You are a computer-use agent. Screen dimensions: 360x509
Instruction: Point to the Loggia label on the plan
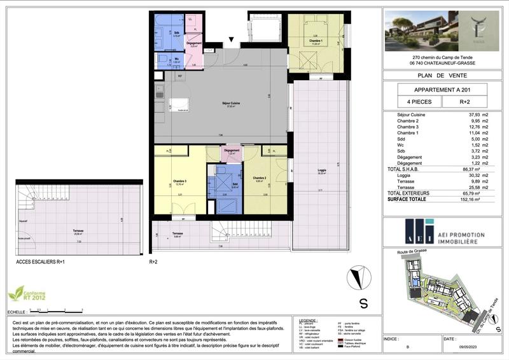[323, 170]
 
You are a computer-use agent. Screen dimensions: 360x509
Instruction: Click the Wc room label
[177, 59]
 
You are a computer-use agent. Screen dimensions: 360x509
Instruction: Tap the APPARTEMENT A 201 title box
[442, 89]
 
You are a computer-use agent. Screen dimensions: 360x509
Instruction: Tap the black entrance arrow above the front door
[232, 42]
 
